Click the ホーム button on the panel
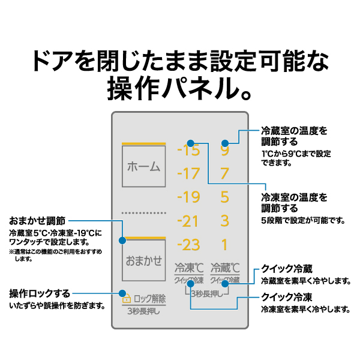tap(144, 166)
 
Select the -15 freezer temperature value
tap(188, 151)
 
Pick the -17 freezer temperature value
tap(188, 174)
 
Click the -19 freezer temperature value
tap(188, 197)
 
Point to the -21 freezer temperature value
tap(188, 221)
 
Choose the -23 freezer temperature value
tap(188, 245)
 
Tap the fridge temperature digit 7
tap(225, 174)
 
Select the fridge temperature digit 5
tap(225, 197)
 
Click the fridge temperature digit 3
tap(225, 221)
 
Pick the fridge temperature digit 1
tap(225, 245)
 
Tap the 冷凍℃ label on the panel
tap(189, 268)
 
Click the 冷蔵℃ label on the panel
tap(225, 268)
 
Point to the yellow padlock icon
tap(127, 298)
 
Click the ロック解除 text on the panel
tap(149, 298)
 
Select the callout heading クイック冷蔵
tap(287, 268)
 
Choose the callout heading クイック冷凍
tap(287, 297)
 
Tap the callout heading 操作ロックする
tap(40, 293)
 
